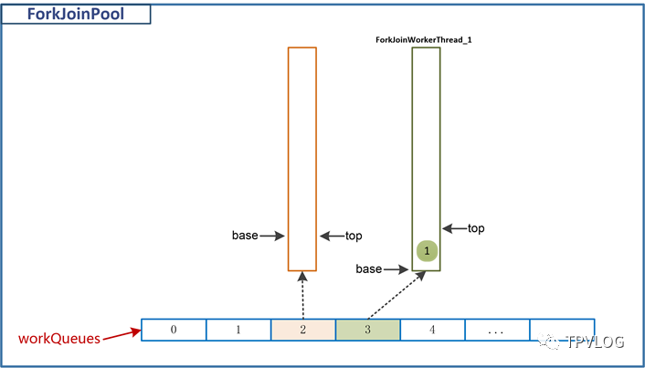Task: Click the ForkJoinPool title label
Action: tap(75, 15)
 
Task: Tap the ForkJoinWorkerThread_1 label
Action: tap(423, 40)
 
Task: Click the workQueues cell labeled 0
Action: tap(174, 330)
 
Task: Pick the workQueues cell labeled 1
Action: tap(238, 330)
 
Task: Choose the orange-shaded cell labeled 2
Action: tap(303, 330)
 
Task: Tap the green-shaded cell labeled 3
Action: tap(368, 330)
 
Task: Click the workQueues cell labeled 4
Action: tap(432, 330)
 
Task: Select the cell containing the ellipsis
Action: tap(497, 330)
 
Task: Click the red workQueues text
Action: tap(59, 339)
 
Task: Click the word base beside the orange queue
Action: tap(245, 236)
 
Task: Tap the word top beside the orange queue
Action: tap(354, 236)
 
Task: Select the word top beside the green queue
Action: tap(476, 228)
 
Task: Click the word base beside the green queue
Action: tap(369, 269)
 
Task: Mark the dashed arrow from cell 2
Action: tap(302, 295)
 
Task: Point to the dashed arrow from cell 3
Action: tap(397, 295)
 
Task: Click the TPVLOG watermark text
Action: tap(595, 341)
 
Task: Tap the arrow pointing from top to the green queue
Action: tap(455, 228)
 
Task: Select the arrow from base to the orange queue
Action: tap(272, 236)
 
